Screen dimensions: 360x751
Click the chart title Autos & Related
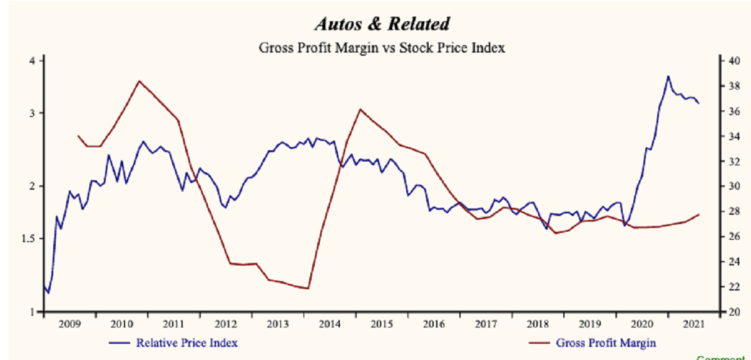pyautogui.click(x=381, y=24)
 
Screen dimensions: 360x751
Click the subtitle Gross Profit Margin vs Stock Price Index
pyautogui.click(x=381, y=48)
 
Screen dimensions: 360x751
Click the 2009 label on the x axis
pyautogui.click(x=69, y=324)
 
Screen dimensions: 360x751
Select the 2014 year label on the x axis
pyautogui.click(x=330, y=324)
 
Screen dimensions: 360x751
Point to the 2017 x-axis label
pyautogui.click(x=486, y=324)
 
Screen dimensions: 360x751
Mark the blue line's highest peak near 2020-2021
pyautogui.click(x=668, y=76)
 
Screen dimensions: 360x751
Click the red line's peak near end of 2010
pyautogui.click(x=139, y=81)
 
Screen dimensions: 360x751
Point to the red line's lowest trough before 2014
pyautogui.click(x=308, y=289)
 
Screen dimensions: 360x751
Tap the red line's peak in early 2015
pyautogui.click(x=360, y=109)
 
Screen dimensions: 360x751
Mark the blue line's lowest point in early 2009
pyautogui.click(x=48, y=292)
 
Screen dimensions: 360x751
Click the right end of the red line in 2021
pyautogui.click(x=699, y=214)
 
